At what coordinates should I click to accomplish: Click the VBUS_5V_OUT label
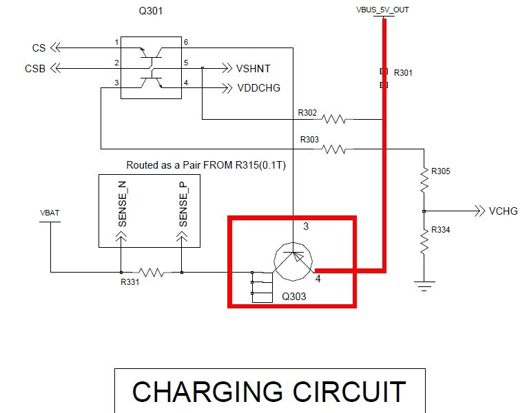(x=382, y=10)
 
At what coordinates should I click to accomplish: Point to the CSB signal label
(x=35, y=68)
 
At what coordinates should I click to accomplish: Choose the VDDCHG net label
(x=258, y=88)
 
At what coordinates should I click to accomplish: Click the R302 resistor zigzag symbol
(x=334, y=120)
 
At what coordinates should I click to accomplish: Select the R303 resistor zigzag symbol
(x=334, y=148)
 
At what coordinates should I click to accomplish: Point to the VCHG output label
(x=503, y=211)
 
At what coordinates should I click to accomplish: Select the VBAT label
(x=50, y=213)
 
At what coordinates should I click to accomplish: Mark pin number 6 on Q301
(x=185, y=43)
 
